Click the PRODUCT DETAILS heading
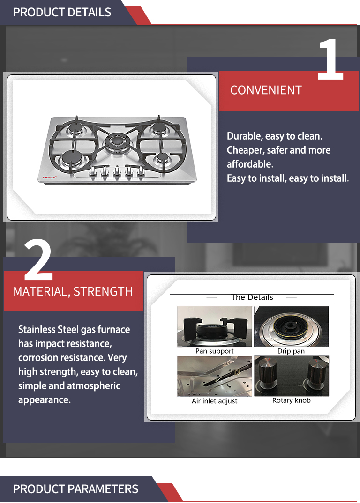pos(62,13)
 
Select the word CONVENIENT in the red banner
pos(266,90)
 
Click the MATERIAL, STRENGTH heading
pos(73,292)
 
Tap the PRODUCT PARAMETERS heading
pos(75,489)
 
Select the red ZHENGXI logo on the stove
pos(50,177)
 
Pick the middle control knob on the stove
pos(117,172)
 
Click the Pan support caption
pos(215,351)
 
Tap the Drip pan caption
pos(291,351)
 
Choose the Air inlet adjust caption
pos(214,401)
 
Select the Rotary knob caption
pos(291,400)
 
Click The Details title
pos(252,297)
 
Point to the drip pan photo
pos(292,326)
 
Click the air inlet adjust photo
pos(215,376)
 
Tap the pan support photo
pos(215,326)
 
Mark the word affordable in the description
pos(250,164)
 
